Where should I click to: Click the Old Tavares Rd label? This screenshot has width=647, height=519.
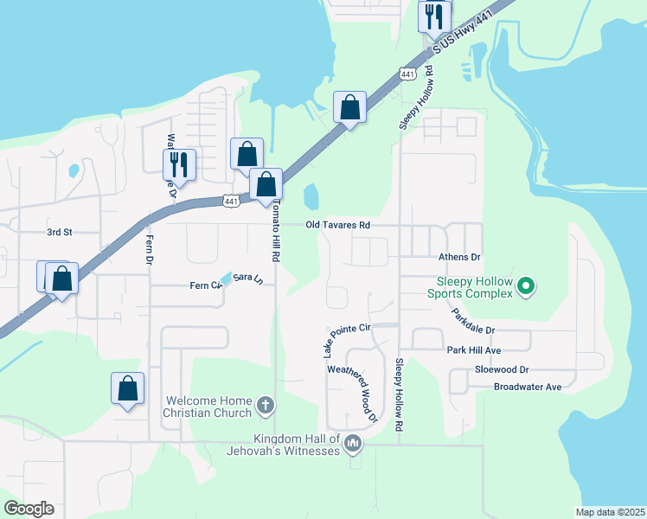point(338,225)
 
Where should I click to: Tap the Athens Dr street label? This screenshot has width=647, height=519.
point(458,257)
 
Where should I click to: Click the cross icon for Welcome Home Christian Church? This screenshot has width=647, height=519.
point(266,404)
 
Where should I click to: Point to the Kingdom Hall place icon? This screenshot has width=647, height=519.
point(352,445)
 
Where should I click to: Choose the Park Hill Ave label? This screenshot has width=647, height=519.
point(474,350)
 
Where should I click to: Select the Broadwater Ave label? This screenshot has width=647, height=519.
point(528,387)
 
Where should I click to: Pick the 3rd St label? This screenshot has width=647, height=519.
point(59,232)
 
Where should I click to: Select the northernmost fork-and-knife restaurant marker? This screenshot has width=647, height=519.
point(434,16)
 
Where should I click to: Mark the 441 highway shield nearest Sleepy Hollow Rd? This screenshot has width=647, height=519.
point(407,75)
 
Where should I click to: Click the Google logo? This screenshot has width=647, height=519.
point(28,509)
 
